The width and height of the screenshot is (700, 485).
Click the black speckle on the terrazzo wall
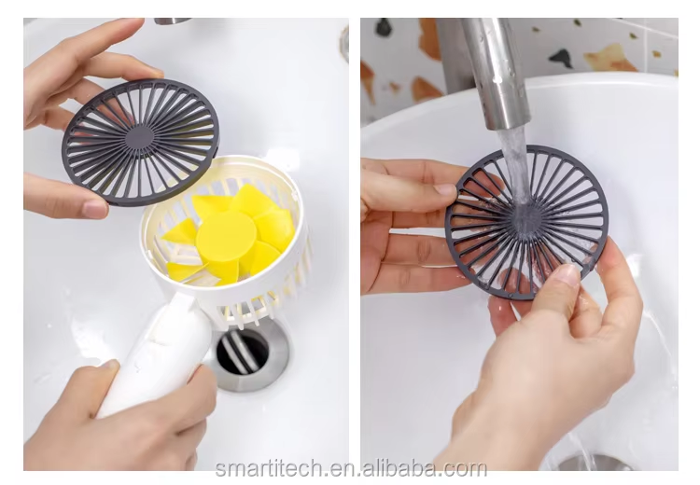pyautogui.click(x=561, y=58)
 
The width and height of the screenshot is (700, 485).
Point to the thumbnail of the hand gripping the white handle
pyautogui.click(x=108, y=366)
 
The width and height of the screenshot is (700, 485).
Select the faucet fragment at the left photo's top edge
pyautogui.click(x=172, y=21)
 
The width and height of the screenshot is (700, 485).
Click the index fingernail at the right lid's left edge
pyautogui.click(x=445, y=189)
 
